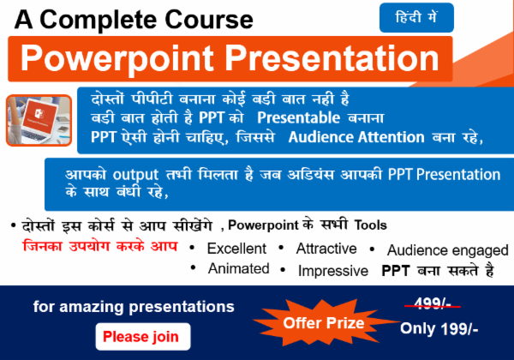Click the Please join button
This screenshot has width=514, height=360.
141,336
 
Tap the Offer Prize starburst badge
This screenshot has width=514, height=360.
324,323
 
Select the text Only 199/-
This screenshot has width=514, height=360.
439,328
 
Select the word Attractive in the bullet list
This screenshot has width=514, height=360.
326,249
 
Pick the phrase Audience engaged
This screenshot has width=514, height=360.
446,250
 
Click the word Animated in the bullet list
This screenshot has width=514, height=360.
238,269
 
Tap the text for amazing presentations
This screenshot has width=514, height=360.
134,306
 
